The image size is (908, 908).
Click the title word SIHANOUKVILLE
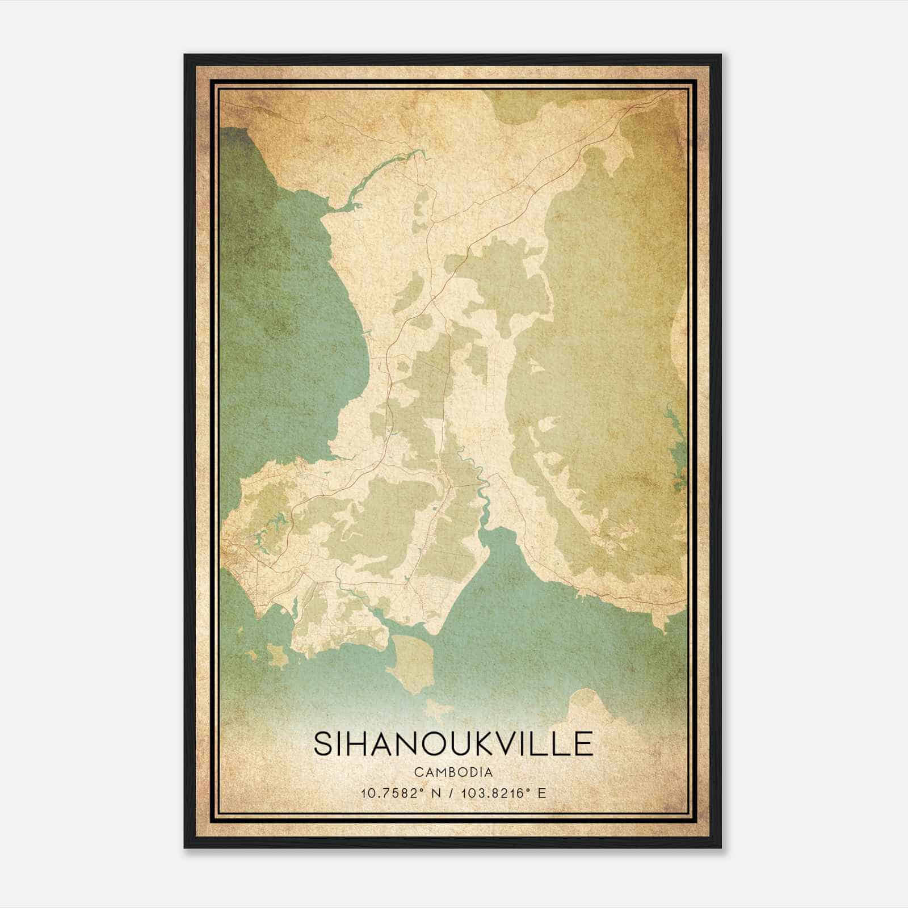[453, 743]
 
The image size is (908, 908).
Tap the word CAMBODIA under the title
[453, 772]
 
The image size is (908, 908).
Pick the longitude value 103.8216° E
[502, 793]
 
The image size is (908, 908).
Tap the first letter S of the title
[321, 743]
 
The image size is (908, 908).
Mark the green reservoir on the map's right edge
[676, 448]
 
